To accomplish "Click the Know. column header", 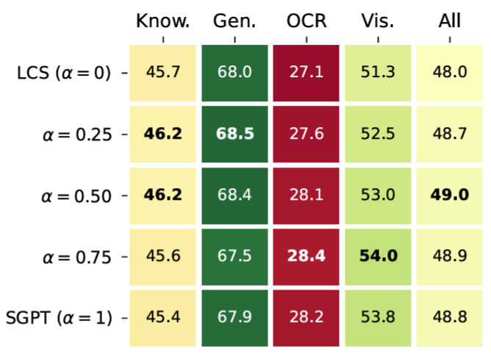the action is [x=163, y=21].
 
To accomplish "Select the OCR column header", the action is [x=307, y=21].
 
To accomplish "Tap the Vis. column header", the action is [x=378, y=21].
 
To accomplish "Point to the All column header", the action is [x=450, y=21].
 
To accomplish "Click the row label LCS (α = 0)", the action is [x=64, y=73].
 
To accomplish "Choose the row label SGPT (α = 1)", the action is [x=59, y=318].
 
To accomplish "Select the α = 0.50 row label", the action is [x=76, y=196].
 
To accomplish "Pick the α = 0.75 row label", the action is [x=77, y=257].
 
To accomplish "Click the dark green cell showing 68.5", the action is [x=235, y=134].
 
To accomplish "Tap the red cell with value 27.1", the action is [x=306, y=73].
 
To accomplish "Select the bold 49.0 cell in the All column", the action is [x=449, y=195].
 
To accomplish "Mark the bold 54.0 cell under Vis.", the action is [x=378, y=257].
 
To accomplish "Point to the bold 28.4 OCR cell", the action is [x=306, y=257].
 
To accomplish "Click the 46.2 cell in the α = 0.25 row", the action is [x=163, y=134].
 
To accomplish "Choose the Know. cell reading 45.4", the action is [x=163, y=318].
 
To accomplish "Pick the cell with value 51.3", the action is [x=378, y=73].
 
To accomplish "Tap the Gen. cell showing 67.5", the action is [x=235, y=257].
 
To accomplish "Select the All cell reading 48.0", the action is [x=449, y=73].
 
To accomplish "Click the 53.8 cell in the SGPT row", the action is [x=378, y=318].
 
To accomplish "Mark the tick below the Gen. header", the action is [x=235, y=40].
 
